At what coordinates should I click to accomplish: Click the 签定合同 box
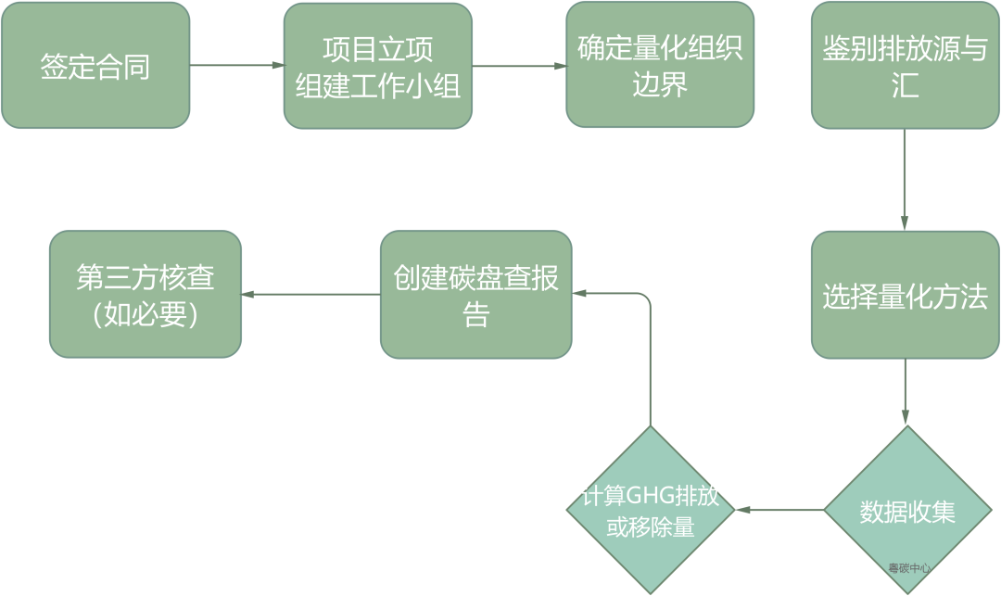point(95,66)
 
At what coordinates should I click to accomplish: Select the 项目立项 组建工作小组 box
point(377,66)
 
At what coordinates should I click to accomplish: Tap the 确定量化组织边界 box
point(660,65)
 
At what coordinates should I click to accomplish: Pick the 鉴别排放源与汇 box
point(906,65)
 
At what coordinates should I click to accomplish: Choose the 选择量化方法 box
point(906,295)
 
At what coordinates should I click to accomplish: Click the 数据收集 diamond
point(907,511)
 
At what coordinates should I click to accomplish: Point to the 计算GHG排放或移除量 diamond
point(650,511)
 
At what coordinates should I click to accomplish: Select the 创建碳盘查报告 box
point(475,295)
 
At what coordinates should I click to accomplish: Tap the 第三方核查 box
point(146,295)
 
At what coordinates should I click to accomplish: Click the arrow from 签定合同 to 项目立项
point(236,66)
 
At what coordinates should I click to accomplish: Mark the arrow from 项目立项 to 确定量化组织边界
point(519,66)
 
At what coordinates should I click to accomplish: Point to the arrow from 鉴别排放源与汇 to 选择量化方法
point(906,180)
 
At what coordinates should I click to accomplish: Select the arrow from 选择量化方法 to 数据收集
point(906,391)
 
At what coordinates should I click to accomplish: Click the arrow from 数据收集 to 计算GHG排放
point(779,510)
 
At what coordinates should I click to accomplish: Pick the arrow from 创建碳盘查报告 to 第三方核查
point(310,295)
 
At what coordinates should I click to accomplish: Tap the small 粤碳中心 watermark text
point(908,568)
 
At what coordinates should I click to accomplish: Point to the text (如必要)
point(146,314)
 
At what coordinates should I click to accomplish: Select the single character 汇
point(905,86)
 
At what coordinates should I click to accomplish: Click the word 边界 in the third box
point(660,85)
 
